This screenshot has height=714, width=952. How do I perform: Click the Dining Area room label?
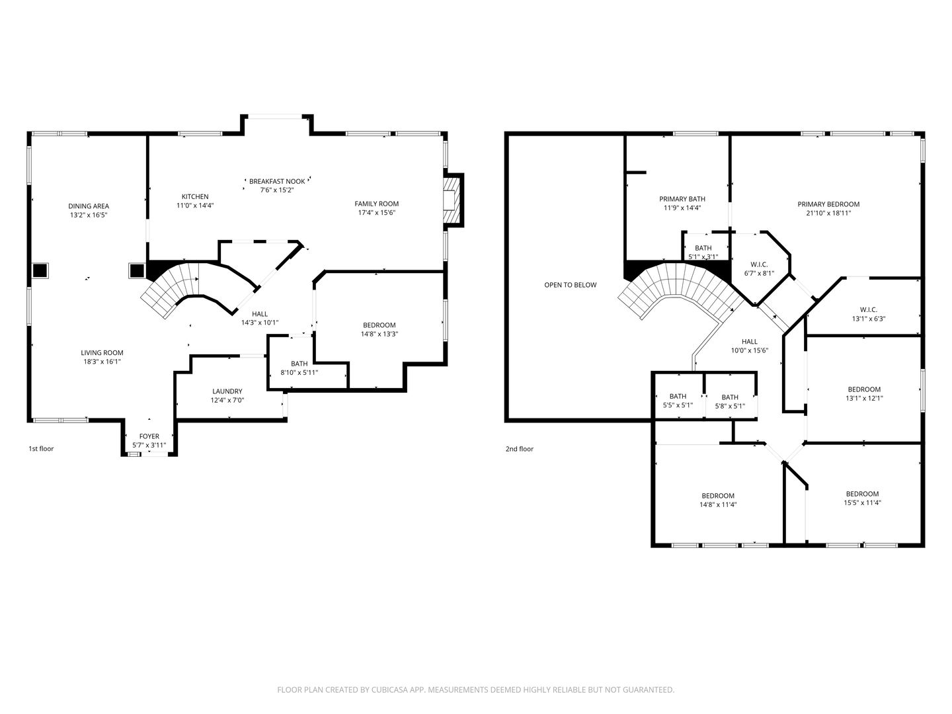coord(89,206)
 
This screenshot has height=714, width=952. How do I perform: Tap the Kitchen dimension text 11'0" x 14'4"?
coord(195,206)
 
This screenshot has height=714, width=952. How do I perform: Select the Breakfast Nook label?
coord(277,181)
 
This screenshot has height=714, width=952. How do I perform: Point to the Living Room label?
coord(102,353)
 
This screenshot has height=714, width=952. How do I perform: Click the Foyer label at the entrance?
coord(149,436)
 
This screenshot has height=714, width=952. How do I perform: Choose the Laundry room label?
coord(227,391)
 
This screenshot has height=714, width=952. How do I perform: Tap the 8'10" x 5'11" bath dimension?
coord(299,372)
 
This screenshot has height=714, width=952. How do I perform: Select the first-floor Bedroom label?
coord(379,325)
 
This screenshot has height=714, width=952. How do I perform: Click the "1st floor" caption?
coord(41,449)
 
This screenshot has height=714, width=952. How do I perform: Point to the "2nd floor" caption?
coord(520,449)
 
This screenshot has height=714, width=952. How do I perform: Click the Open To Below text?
coord(571,285)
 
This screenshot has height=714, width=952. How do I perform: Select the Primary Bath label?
coord(682,199)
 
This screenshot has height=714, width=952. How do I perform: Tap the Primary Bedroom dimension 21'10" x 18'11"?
coord(828,213)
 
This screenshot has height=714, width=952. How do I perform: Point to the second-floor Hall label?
coord(750,342)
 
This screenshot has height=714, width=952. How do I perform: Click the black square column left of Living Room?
coord(40,270)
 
